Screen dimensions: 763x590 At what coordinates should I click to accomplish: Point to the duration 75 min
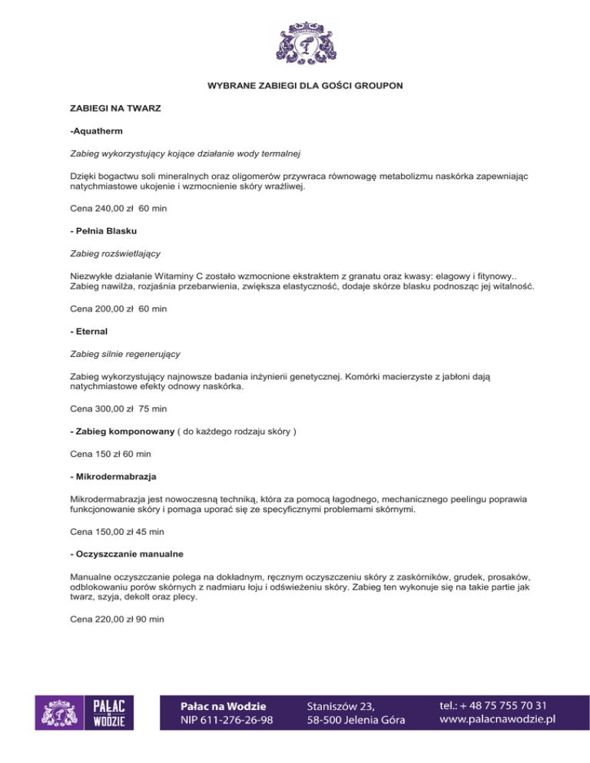pos(154,409)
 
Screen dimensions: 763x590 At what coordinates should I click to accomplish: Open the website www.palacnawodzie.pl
pos(497,719)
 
